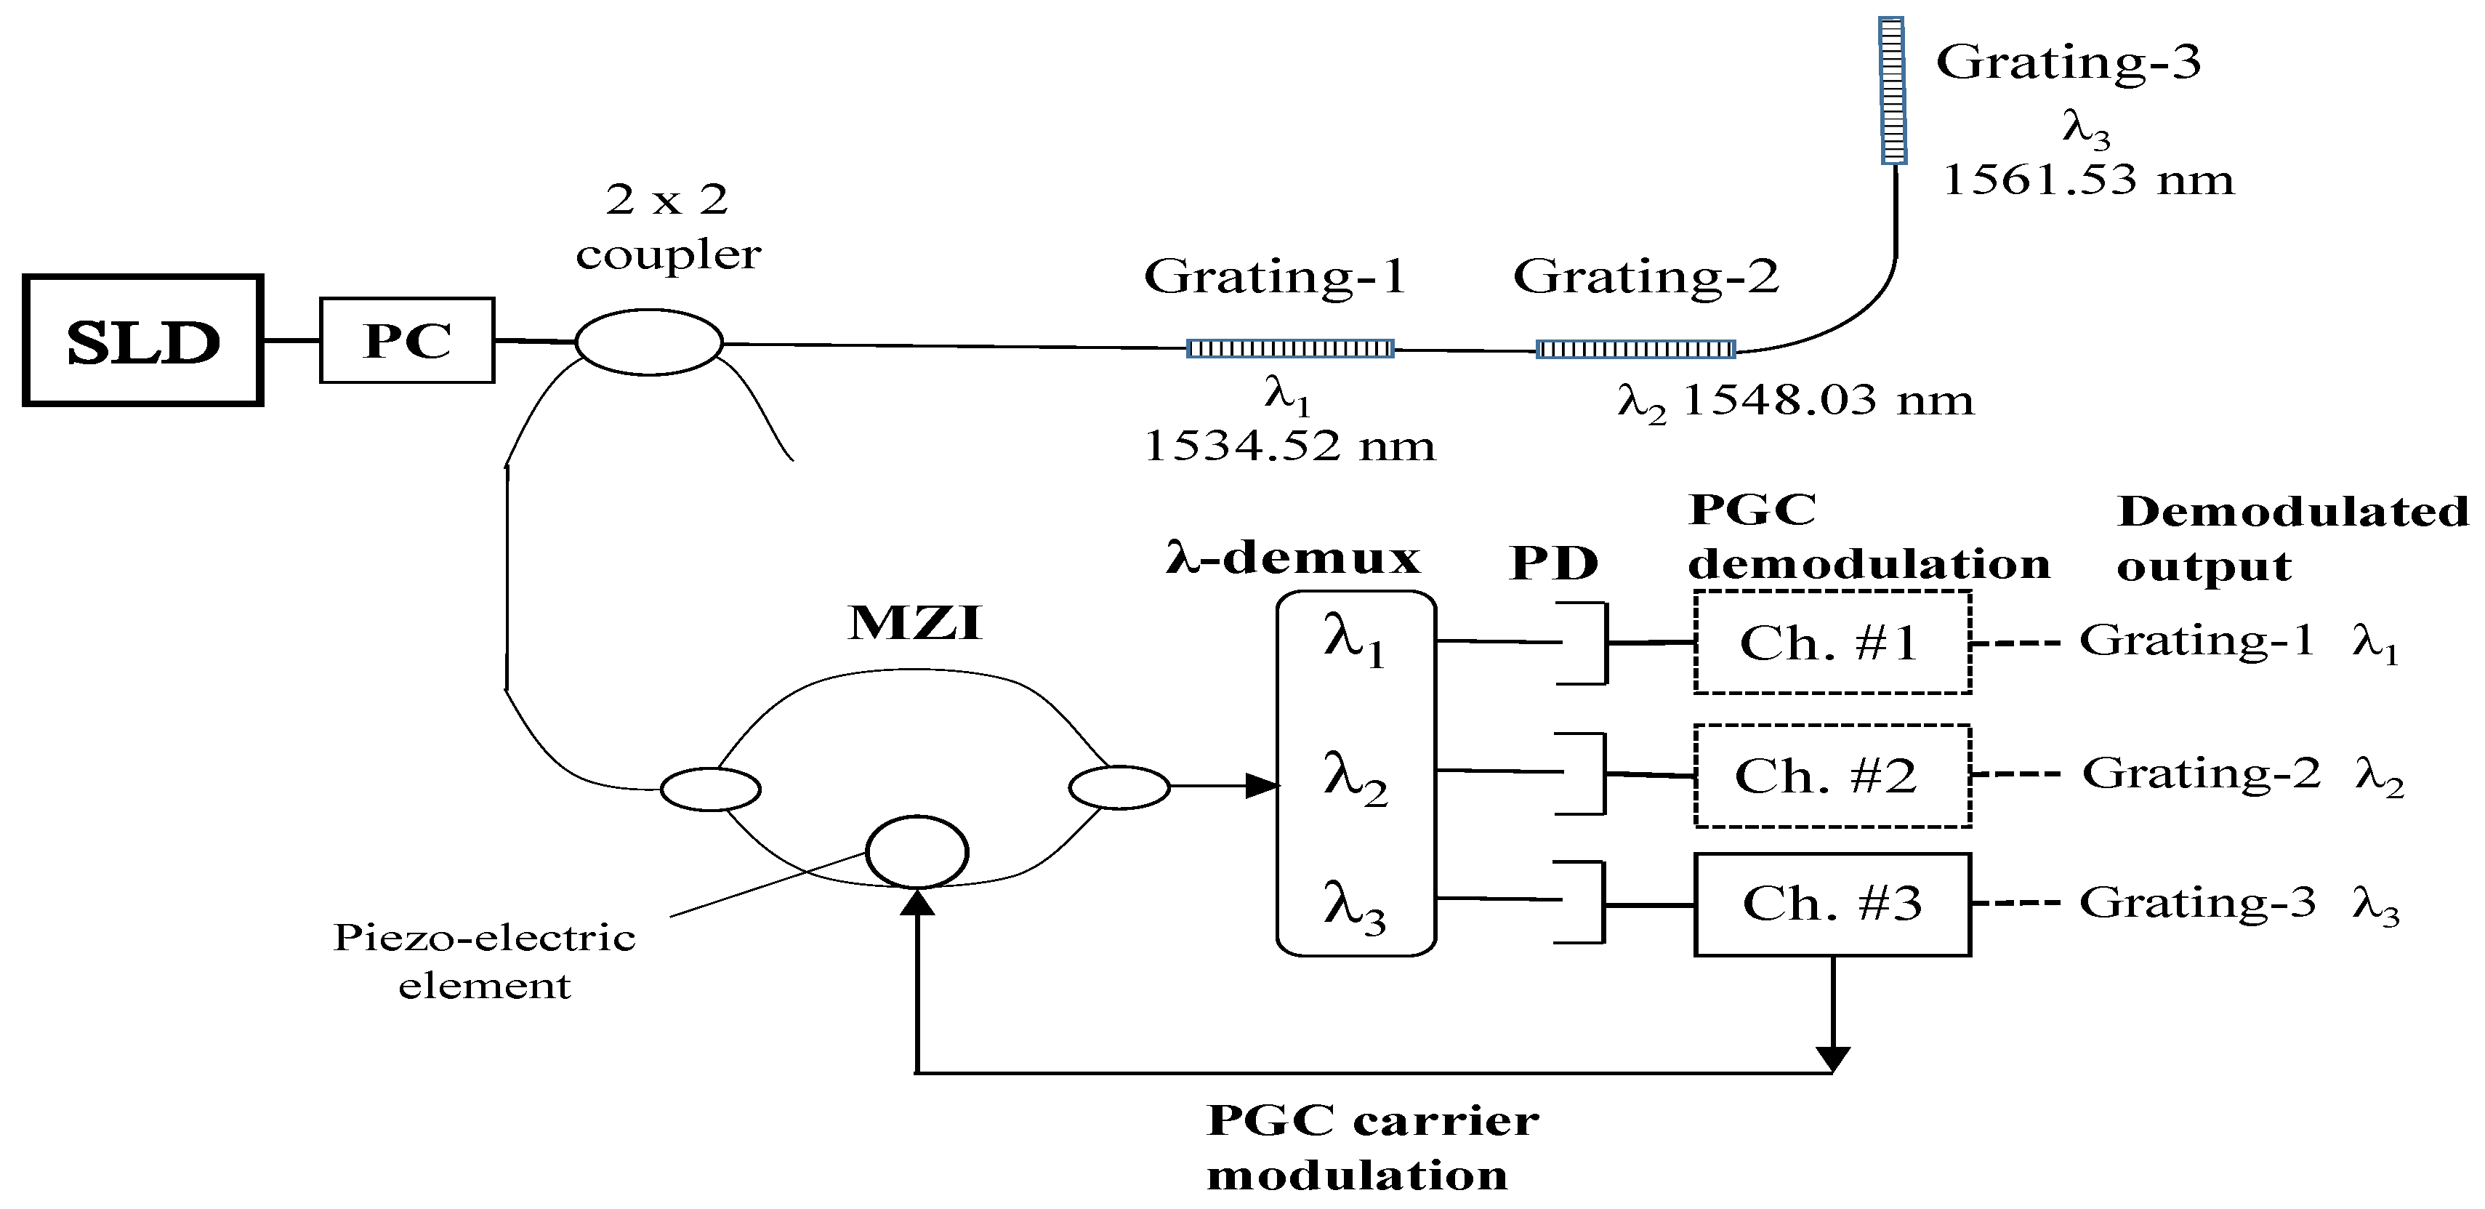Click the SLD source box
pos(142,341)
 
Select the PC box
pos(407,341)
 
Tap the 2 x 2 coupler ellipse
pos(648,342)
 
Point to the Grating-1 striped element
pos(1290,348)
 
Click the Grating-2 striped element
pos(1635,349)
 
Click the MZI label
pos(914,622)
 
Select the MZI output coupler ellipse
pos(1119,787)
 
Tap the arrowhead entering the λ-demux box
pos(1262,787)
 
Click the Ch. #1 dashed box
pos(1831,643)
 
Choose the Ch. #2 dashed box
pos(1831,776)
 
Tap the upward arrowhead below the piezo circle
pos(917,902)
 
